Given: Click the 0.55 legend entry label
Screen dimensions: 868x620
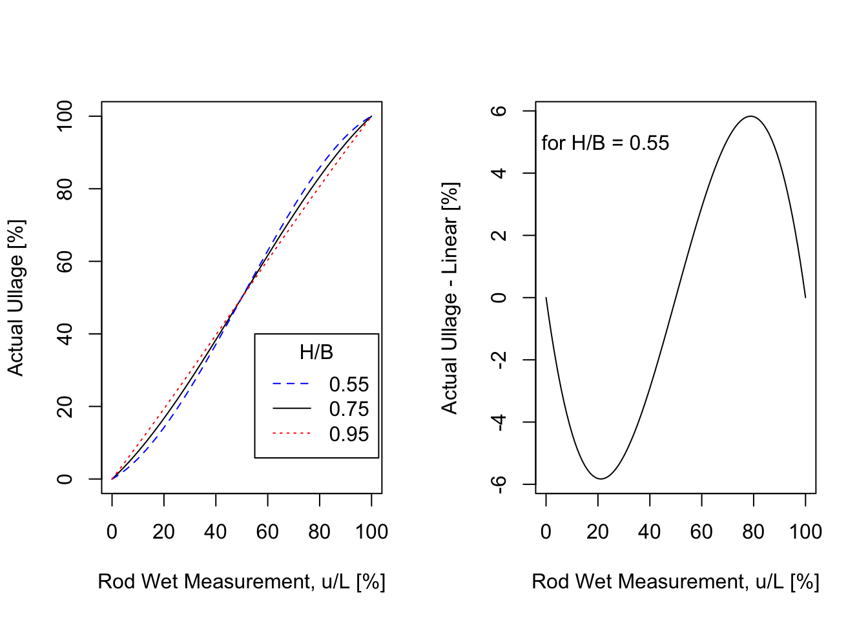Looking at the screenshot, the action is coord(349,384).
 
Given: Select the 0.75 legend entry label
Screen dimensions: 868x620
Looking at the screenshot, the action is coord(349,409).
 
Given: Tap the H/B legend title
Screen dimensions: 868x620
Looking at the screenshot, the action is coord(316,352).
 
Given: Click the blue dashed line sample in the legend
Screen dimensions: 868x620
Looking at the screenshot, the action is coord(291,384).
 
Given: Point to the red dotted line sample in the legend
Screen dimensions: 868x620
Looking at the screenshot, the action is coord(291,433).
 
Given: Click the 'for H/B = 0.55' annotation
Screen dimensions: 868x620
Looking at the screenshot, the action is coord(605,143).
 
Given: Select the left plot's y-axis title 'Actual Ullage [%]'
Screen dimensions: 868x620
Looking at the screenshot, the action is coord(16,298).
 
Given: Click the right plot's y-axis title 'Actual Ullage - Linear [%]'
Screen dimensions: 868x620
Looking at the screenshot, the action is coord(450,298).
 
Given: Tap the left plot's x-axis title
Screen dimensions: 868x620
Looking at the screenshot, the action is coord(242,581).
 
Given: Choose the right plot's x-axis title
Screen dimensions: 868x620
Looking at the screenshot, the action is coord(676,581).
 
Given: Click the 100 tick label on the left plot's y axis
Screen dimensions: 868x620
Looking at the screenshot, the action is coord(65,116).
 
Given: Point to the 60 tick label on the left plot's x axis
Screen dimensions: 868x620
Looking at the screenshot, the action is coord(267,532).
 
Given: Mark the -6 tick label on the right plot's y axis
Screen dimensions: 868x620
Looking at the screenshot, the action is coord(499,484).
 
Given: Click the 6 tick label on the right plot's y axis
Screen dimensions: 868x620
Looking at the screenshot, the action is coord(499,111).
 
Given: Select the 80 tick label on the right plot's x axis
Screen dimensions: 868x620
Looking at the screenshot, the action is coord(753,532).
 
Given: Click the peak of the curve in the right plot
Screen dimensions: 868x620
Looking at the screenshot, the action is coord(751,116).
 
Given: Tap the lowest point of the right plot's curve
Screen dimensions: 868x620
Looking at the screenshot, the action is coord(601,479).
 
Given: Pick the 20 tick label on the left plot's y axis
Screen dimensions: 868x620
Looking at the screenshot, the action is coord(65,406).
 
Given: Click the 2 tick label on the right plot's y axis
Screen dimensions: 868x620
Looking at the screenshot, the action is coord(499,235).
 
